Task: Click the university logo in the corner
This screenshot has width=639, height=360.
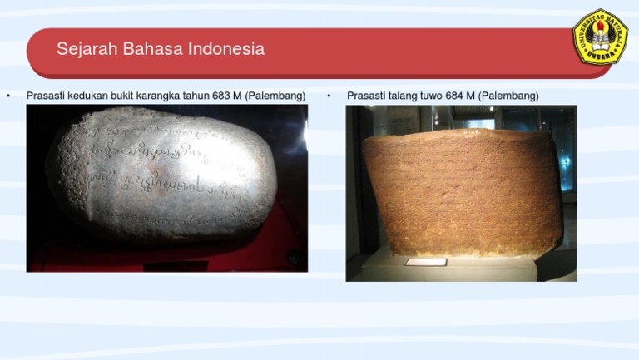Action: pos(600,37)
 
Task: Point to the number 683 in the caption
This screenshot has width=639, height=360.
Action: pos(221,96)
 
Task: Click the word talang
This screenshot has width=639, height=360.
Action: pos(402,96)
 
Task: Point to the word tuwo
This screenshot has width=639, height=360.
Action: pos(431,96)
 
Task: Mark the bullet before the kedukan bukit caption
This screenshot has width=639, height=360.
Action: pos(8,96)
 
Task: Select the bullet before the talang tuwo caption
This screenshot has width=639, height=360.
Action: pos(329,96)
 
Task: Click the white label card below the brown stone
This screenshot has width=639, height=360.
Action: pos(426,262)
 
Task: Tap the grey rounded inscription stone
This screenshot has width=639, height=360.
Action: pos(162,175)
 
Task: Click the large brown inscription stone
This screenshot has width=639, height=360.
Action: pos(462,191)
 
